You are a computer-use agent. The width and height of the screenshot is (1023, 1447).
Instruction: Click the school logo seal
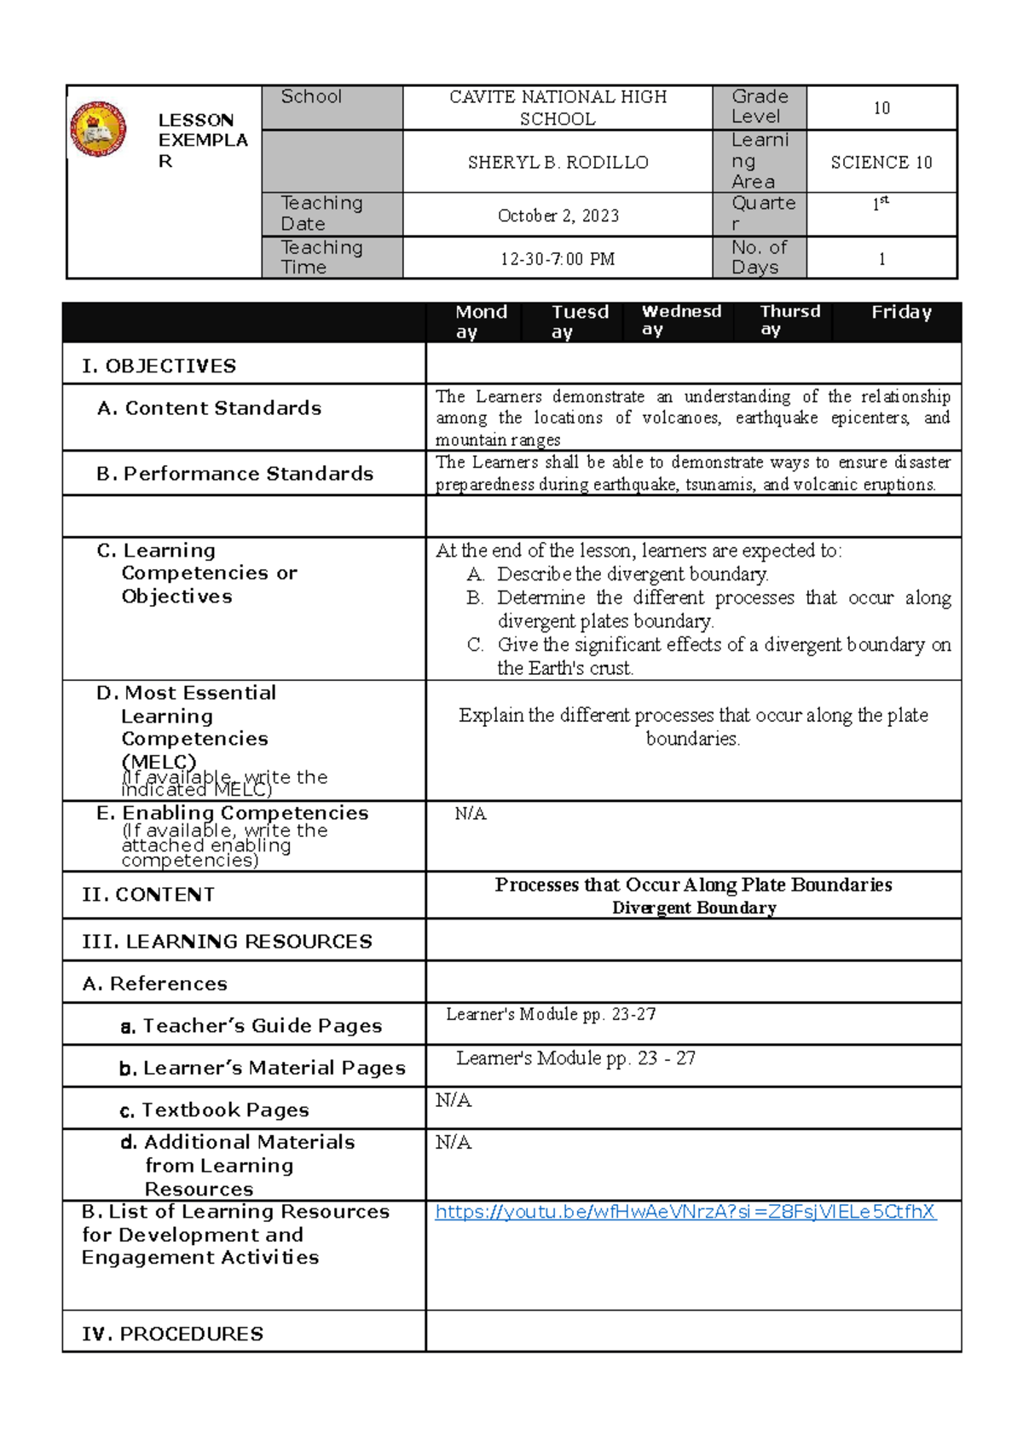point(98,130)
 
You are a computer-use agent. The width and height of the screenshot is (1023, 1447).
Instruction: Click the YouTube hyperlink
point(685,1212)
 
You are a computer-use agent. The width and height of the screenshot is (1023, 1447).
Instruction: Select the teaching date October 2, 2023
point(558,216)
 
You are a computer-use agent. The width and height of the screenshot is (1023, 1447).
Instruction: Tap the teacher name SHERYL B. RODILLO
point(558,162)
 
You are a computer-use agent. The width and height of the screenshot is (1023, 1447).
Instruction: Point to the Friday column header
point(900,313)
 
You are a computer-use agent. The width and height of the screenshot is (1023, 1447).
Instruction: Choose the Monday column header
point(480,321)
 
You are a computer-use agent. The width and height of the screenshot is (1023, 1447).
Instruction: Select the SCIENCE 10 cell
point(881,162)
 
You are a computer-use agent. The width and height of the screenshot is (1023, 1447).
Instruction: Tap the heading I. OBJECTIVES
point(159,366)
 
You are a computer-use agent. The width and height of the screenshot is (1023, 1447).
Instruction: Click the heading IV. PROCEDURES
point(172,1334)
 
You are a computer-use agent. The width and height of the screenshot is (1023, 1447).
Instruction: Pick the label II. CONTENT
point(147,895)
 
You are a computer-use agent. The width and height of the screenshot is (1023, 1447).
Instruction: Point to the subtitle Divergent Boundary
point(693,908)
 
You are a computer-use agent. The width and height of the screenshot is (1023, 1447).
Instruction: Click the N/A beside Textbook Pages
point(453,1100)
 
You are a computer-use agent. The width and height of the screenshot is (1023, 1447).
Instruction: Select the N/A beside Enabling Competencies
point(470,814)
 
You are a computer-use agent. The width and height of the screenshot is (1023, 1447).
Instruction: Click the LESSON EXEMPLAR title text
point(202,141)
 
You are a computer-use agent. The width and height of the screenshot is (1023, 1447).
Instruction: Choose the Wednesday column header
point(680,320)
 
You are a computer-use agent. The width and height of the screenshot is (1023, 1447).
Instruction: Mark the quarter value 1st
point(880,204)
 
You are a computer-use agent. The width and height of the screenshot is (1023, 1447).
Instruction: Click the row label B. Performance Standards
point(234,474)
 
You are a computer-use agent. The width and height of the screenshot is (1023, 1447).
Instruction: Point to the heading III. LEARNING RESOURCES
point(227,942)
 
